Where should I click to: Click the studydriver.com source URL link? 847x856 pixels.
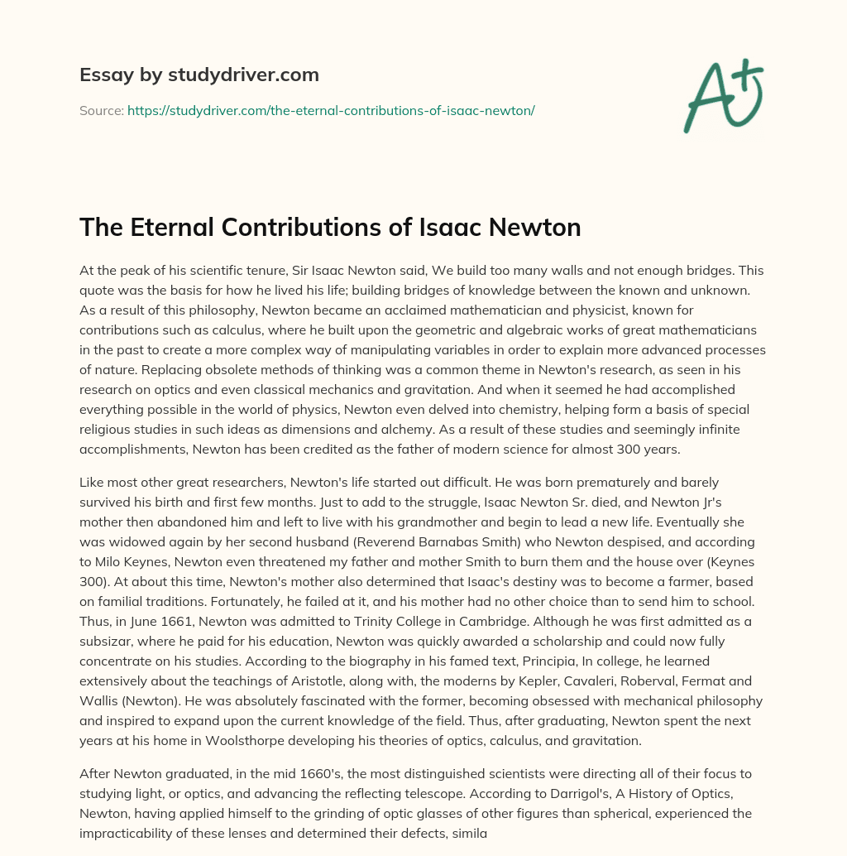tap(331, 109)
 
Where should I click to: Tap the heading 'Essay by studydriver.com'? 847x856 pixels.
tap(199, 75)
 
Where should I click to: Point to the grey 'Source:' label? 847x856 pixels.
tap(101, 109)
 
